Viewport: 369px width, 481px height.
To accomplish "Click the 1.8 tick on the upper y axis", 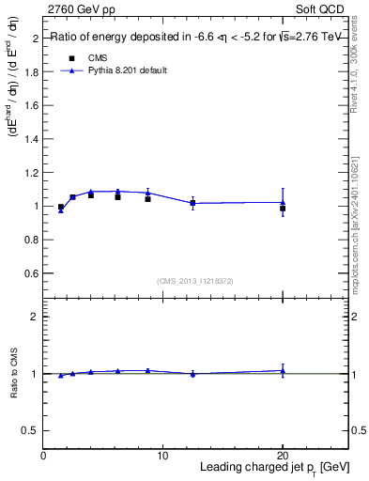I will coord(33,72).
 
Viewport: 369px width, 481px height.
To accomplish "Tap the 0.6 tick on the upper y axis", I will coord(33,272).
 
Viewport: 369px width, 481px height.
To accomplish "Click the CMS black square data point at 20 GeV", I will coord(282,209).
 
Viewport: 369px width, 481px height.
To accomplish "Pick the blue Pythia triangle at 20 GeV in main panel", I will coord(282,202).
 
